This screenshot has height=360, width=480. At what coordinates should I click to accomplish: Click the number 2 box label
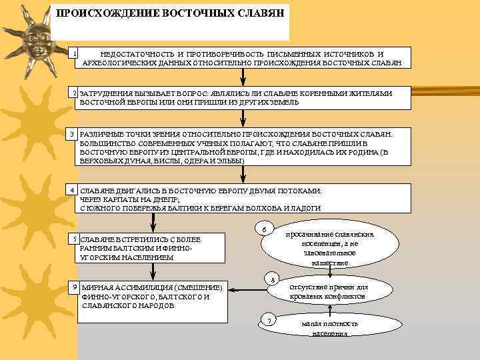75,92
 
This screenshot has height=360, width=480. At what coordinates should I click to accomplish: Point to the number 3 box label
75,135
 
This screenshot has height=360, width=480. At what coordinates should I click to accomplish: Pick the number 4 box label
75,190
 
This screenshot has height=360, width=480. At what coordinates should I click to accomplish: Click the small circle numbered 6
264,230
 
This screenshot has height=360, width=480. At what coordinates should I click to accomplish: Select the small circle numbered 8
270,279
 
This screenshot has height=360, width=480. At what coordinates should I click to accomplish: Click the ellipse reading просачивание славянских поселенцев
329,248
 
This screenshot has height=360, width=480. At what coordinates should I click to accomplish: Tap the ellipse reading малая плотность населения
329,327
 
